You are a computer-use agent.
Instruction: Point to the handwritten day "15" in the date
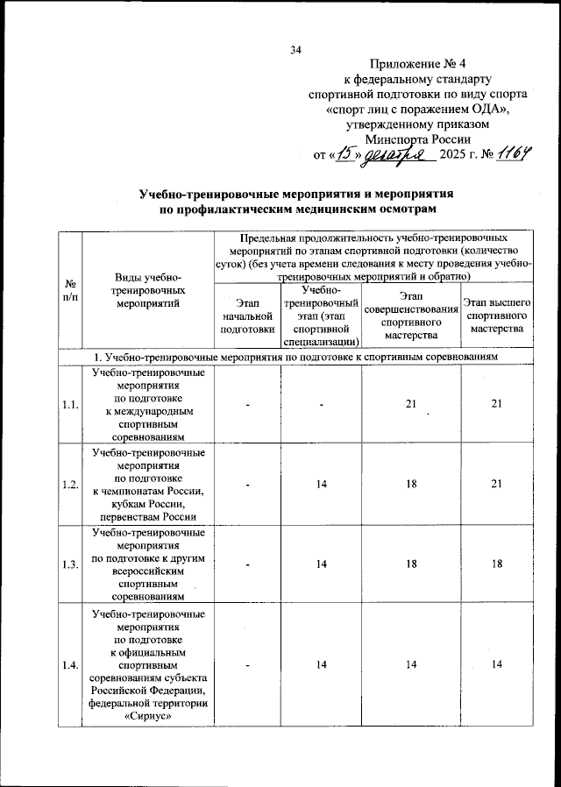click(347, 155)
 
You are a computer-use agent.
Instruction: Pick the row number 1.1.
click(69, 404)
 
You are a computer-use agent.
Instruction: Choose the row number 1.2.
click(69, 485)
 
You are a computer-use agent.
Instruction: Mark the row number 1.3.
click(69, 564)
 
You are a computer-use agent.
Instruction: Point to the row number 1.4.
click(69, 667)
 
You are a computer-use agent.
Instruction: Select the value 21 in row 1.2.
click(497, 484)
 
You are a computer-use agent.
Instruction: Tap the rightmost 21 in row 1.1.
click(497, 403)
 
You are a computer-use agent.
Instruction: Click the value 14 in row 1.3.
click(321, 564)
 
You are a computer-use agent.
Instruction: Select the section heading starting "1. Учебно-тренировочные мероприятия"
click(296, 358)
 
